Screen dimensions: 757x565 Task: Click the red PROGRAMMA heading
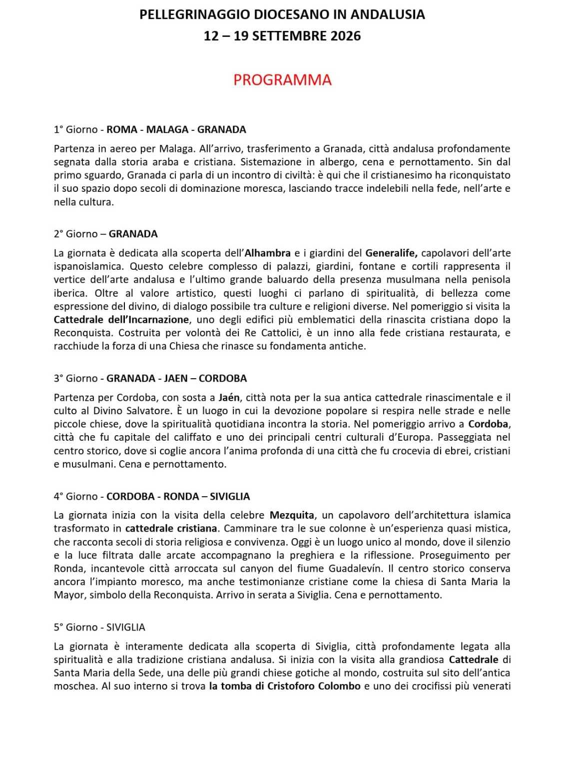(x=282, y=80)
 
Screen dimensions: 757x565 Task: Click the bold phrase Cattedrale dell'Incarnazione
(x=121, y=319)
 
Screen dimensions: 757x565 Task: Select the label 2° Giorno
(x=76, y=234)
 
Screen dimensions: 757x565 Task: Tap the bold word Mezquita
(x=292, y=515)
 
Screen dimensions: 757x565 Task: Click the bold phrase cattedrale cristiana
(x=171, y=528)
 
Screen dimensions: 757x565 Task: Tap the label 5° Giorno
(x=76, y=627)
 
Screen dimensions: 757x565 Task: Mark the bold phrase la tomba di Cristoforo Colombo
(x=285, y=686)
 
